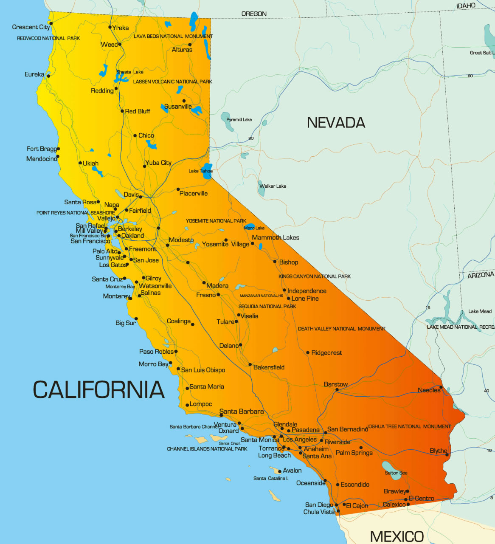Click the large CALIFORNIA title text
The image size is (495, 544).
pos(98,389)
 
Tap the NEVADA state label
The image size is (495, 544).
pos(336,123)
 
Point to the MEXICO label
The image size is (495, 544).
pos(397,536)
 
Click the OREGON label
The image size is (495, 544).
pos(254,14)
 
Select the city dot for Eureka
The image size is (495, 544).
pos(48,76)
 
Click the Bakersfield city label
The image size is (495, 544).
pos(269,367)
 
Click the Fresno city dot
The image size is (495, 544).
pos(219,295)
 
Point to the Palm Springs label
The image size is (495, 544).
pos(354,453)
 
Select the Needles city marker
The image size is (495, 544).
pos(441,387)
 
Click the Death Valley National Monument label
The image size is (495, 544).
pos(341,329)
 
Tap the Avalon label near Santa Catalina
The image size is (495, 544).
pos(292,471)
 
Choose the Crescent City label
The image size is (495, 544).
pos(31,27)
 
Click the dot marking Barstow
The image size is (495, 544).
pos(337,389)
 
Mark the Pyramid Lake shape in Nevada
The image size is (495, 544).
pos(226,121)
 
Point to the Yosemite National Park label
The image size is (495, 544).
pos(216,221)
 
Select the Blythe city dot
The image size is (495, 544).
pos(447,455)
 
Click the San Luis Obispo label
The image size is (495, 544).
pos(203,370)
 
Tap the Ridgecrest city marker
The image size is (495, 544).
pos(308,353)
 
